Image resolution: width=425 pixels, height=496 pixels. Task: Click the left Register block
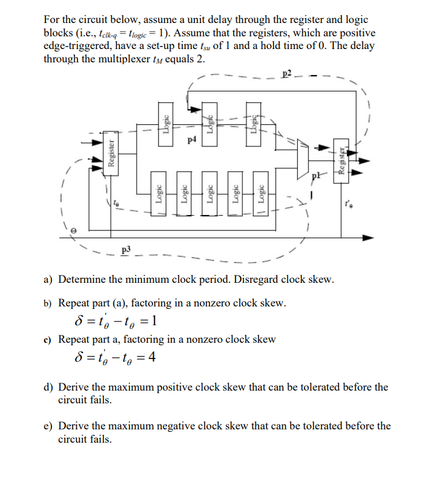111,153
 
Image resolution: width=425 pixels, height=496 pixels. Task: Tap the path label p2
288,74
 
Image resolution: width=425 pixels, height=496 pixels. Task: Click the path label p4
192,141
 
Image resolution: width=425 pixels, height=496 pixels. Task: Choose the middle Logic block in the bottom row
210,196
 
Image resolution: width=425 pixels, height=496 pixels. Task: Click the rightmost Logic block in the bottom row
262,196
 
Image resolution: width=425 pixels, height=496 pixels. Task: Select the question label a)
48,280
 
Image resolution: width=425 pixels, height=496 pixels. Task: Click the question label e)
48,426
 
